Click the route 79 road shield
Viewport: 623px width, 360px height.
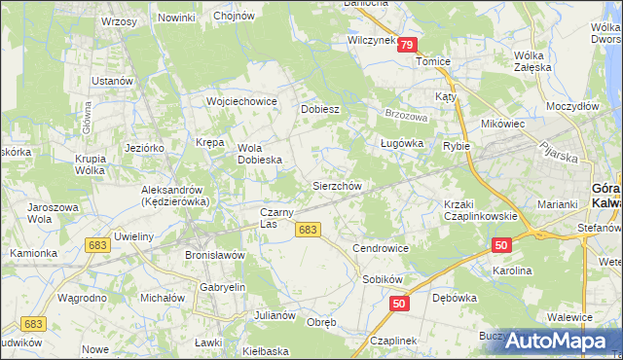pos(407,45)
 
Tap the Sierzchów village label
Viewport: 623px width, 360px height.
pos(337,185)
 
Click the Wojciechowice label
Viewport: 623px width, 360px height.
pos(242,101)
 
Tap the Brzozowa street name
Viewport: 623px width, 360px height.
pos(406,115)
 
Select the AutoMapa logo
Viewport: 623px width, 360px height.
pos(560,341)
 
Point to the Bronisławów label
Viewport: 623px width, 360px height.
pos(214,254)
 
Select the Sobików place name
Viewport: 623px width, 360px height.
pos(382,278)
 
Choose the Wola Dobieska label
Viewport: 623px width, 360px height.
pos(260,154)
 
